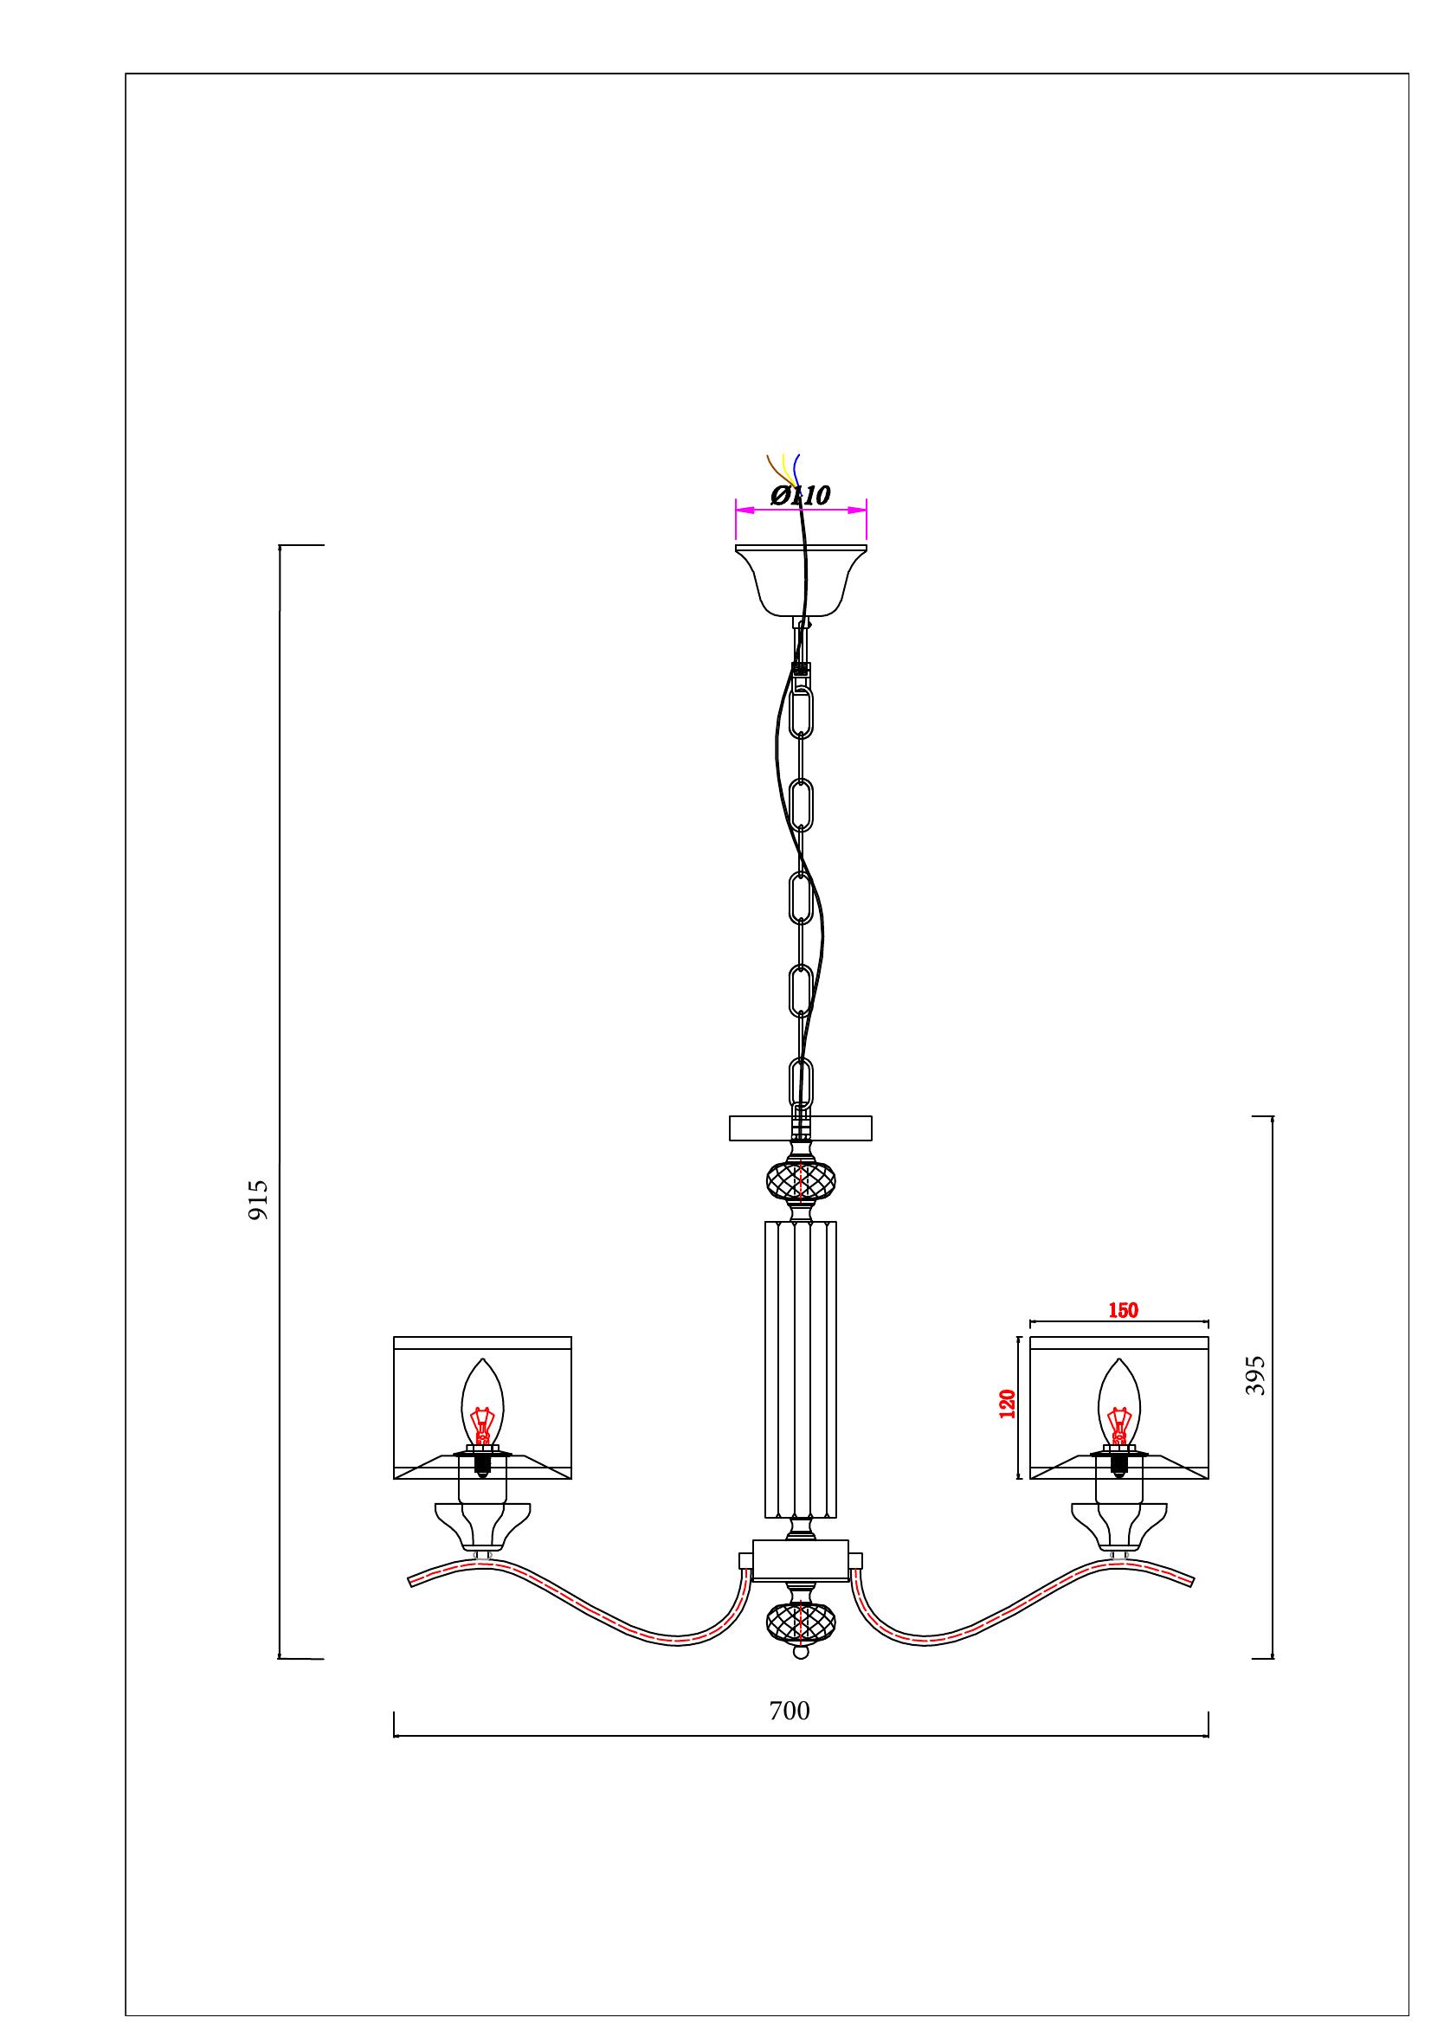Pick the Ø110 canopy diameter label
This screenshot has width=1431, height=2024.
(801, 496)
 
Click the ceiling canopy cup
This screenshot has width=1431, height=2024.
(801, 581)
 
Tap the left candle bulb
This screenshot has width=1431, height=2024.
(482, 1407)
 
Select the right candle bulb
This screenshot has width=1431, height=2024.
(1118, 1407)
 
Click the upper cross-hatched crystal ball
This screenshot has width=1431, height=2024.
(801, 1179)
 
